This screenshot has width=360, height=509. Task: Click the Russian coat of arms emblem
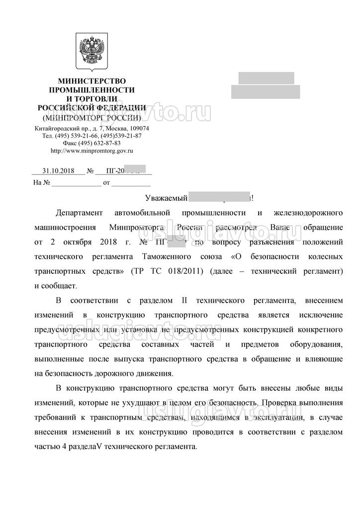click(91, 51)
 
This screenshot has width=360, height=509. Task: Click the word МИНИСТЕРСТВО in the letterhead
click(92, 81)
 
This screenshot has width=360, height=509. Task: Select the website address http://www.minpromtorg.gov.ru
click(92, 150)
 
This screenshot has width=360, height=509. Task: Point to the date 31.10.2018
click(58, 170)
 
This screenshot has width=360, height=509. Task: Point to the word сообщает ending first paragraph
click(59, 286)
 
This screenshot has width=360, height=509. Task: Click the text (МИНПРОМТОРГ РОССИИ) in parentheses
click(92, 118)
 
